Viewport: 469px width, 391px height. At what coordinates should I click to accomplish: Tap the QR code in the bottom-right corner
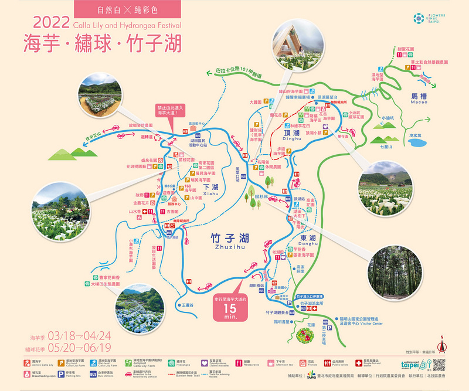tap(439, 365)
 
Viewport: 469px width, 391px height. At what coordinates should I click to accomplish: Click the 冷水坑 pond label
tap(415, 135)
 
